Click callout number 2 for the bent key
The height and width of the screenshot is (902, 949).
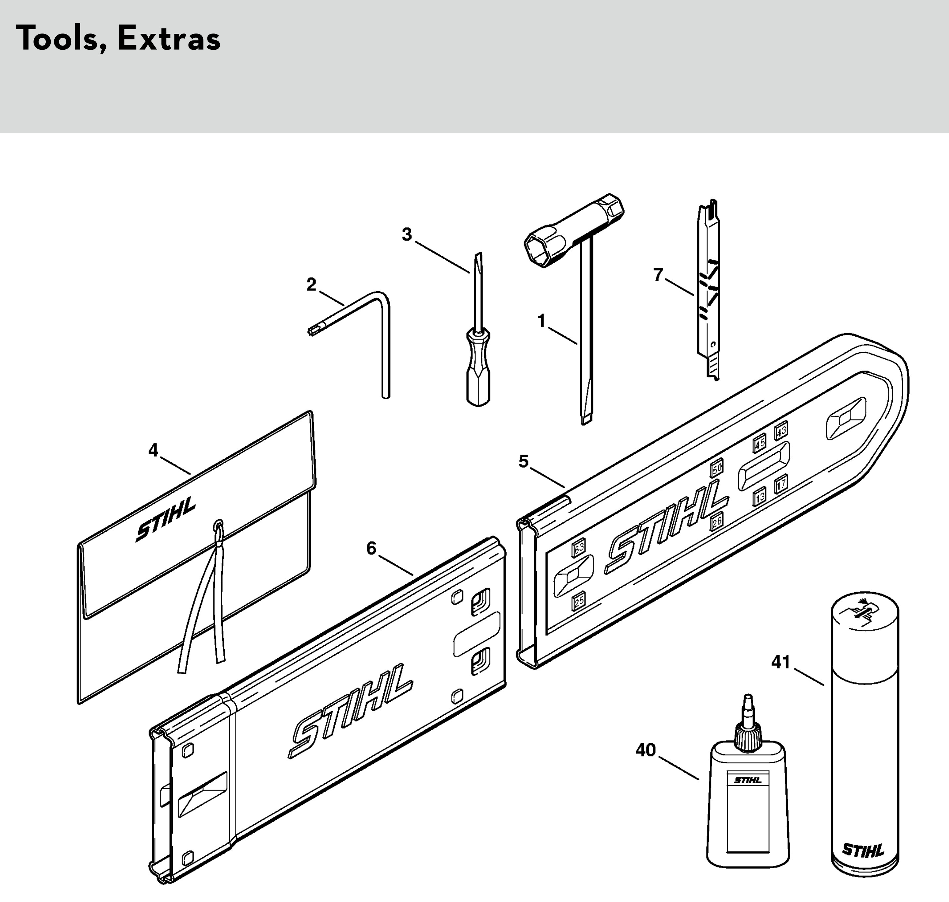pos(311,285)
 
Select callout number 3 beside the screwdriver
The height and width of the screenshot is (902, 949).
pos(407,235)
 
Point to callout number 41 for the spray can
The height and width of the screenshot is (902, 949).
pos(781,663)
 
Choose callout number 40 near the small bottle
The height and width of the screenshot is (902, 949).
pos(646,750)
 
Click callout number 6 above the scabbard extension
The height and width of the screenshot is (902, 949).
pos(371,548)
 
